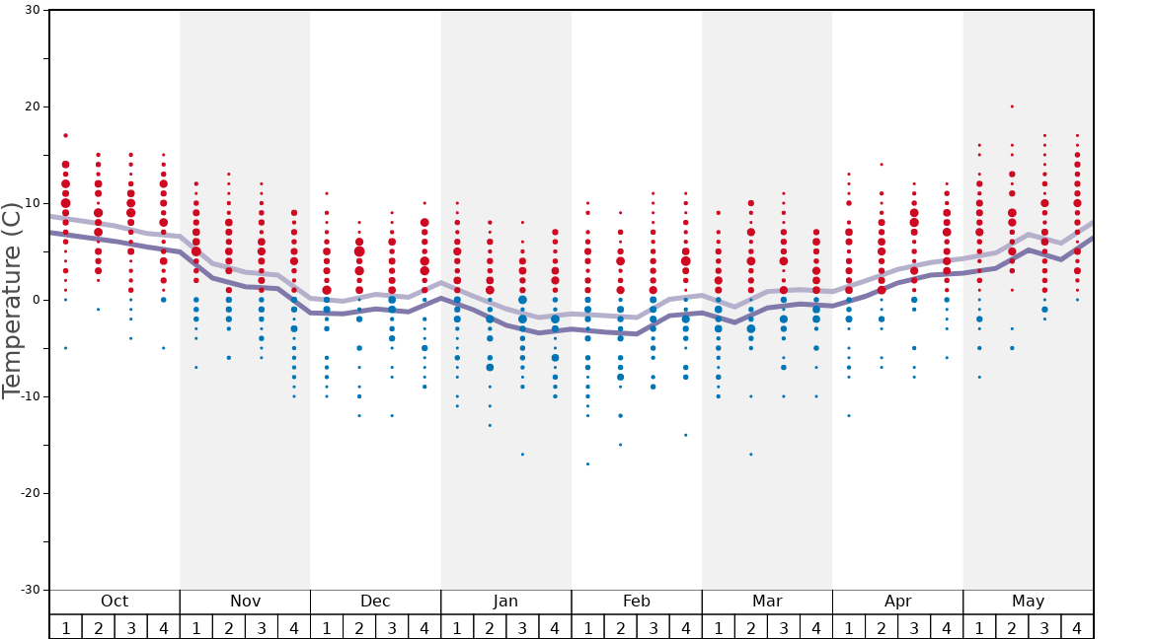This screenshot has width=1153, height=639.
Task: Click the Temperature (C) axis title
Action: (x=12, y=300)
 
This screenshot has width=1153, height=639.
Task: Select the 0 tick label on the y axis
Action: (x=36, y=300)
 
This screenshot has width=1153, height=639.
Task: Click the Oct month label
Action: (x=115, y=602)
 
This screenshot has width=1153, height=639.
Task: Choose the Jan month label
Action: (x=505, y=602)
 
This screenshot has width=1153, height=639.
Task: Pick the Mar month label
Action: (x=767, y=602)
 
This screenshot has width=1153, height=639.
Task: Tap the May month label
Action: (x=1028, y=602)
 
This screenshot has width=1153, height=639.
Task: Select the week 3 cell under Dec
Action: (x=392, y=627)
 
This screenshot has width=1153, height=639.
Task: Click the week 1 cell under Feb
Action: (x=587, y=627)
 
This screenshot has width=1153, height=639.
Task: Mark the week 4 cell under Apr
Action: (x=947, y=627)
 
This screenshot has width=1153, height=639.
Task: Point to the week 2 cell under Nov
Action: (x=229, y=627)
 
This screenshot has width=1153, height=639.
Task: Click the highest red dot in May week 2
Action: (x=1012, y=106)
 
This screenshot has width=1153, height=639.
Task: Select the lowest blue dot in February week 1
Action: (x=587, y=463)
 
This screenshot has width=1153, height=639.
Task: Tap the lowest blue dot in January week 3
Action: (x=522, y=455)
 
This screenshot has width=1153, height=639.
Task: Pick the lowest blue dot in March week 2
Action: (x=751, y=455)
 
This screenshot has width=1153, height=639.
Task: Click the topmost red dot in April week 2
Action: (x=882, y=165)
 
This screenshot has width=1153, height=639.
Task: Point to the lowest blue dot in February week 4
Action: (x=686, y=435)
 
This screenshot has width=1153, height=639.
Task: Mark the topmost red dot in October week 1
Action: (x=65, y=135)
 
